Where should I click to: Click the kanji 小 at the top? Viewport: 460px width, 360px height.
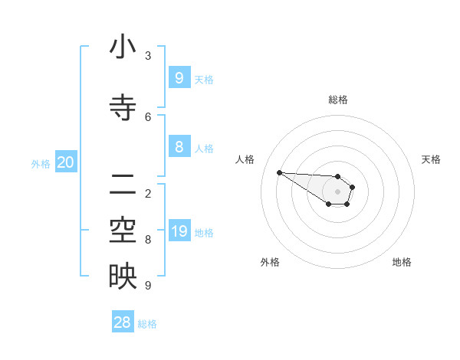(123, 47)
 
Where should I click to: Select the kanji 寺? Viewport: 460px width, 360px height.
(123, 106)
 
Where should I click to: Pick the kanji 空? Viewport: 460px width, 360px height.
(123, 231)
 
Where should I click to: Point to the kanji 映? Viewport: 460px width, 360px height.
(123, 277)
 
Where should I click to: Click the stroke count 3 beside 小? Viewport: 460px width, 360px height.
(148, 55)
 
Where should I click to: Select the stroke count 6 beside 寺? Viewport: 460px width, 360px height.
(148, 116)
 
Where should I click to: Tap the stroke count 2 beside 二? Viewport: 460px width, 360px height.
(148, 193)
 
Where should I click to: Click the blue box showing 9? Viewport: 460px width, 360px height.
(179, 77)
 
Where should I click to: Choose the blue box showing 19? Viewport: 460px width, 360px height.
(179, 231)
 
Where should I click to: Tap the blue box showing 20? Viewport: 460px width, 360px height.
(65, 162)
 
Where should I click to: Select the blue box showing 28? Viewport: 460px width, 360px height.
(123, 322)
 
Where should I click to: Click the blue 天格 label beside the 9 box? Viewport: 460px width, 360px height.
(203, 80)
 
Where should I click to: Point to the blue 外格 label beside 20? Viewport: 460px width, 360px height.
(41, 163)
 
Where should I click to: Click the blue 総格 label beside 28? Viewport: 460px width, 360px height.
(147, 324)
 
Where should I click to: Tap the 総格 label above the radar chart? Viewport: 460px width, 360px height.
(338, 100)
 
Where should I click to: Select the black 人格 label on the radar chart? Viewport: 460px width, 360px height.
(245, 159)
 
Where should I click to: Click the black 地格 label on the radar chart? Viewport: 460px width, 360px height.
(402, 262)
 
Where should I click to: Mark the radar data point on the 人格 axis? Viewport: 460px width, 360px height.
(279, 172)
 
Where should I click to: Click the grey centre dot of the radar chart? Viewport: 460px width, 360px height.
(337, 191)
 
